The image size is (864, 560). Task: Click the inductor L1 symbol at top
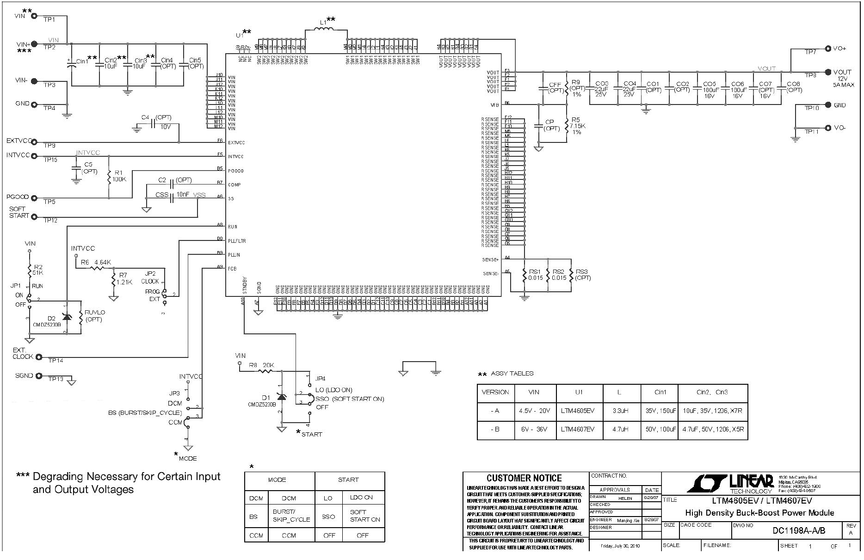[326, 30]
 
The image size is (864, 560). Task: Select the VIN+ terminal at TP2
[34, 44]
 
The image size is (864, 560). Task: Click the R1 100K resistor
[109, 178]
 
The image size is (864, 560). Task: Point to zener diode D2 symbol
[67, 317]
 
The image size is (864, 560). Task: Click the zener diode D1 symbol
[281, 397]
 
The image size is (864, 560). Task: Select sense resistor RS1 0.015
[524, 276]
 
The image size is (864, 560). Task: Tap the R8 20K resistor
[266, 370]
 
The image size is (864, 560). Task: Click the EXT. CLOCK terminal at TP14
[39, 357]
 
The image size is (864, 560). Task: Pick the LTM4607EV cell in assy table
[578, 429]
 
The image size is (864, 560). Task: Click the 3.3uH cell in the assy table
[619, 411]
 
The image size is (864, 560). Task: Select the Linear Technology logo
[730, 483]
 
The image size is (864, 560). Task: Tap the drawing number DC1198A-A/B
[799, 530]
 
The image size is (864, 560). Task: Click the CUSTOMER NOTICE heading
[524, 478]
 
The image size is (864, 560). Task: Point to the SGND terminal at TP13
[39, 376]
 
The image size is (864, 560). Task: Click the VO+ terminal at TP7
[828, 48]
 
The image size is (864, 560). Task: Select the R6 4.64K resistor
[98, 268]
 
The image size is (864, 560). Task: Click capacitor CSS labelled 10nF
[172, 197]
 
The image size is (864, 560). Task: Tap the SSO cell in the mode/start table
[328, 516]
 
